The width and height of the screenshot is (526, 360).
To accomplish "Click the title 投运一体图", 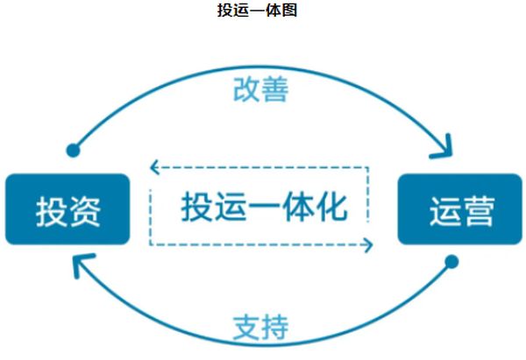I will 262,11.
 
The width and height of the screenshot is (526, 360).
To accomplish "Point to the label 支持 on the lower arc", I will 260,328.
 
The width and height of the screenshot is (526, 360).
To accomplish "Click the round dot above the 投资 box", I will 74,149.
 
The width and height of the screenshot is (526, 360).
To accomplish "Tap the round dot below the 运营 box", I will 452,261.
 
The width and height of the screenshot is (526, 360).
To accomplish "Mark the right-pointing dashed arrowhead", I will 369,244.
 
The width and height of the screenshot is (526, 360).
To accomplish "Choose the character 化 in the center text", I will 331,206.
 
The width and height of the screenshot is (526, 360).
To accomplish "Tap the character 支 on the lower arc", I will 246,328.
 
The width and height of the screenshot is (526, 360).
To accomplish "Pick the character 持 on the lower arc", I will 274,328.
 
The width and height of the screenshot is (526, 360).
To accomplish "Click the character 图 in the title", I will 290,11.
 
